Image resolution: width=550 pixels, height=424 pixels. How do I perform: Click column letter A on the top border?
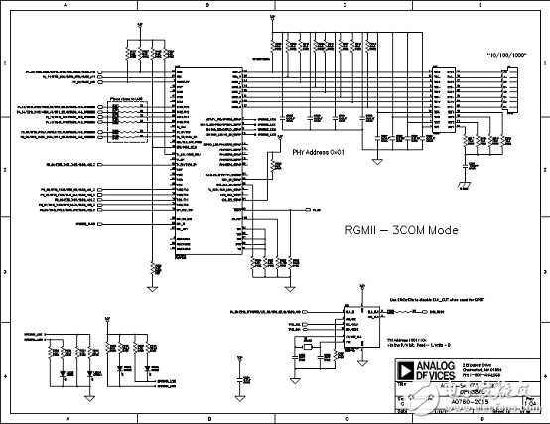pos(66,5)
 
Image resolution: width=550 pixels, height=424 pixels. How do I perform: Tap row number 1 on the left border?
pos(5,63)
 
